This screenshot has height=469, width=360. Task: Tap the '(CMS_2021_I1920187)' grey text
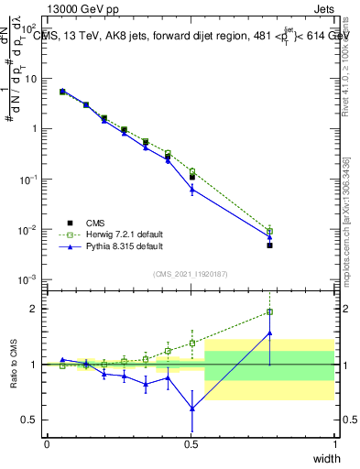190,273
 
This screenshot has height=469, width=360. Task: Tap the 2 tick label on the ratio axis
35,309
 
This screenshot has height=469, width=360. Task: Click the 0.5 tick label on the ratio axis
30,420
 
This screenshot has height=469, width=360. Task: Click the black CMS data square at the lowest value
269,245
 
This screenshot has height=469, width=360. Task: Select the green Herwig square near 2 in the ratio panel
269,312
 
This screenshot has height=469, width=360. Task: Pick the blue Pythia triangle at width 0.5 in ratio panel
191,409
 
